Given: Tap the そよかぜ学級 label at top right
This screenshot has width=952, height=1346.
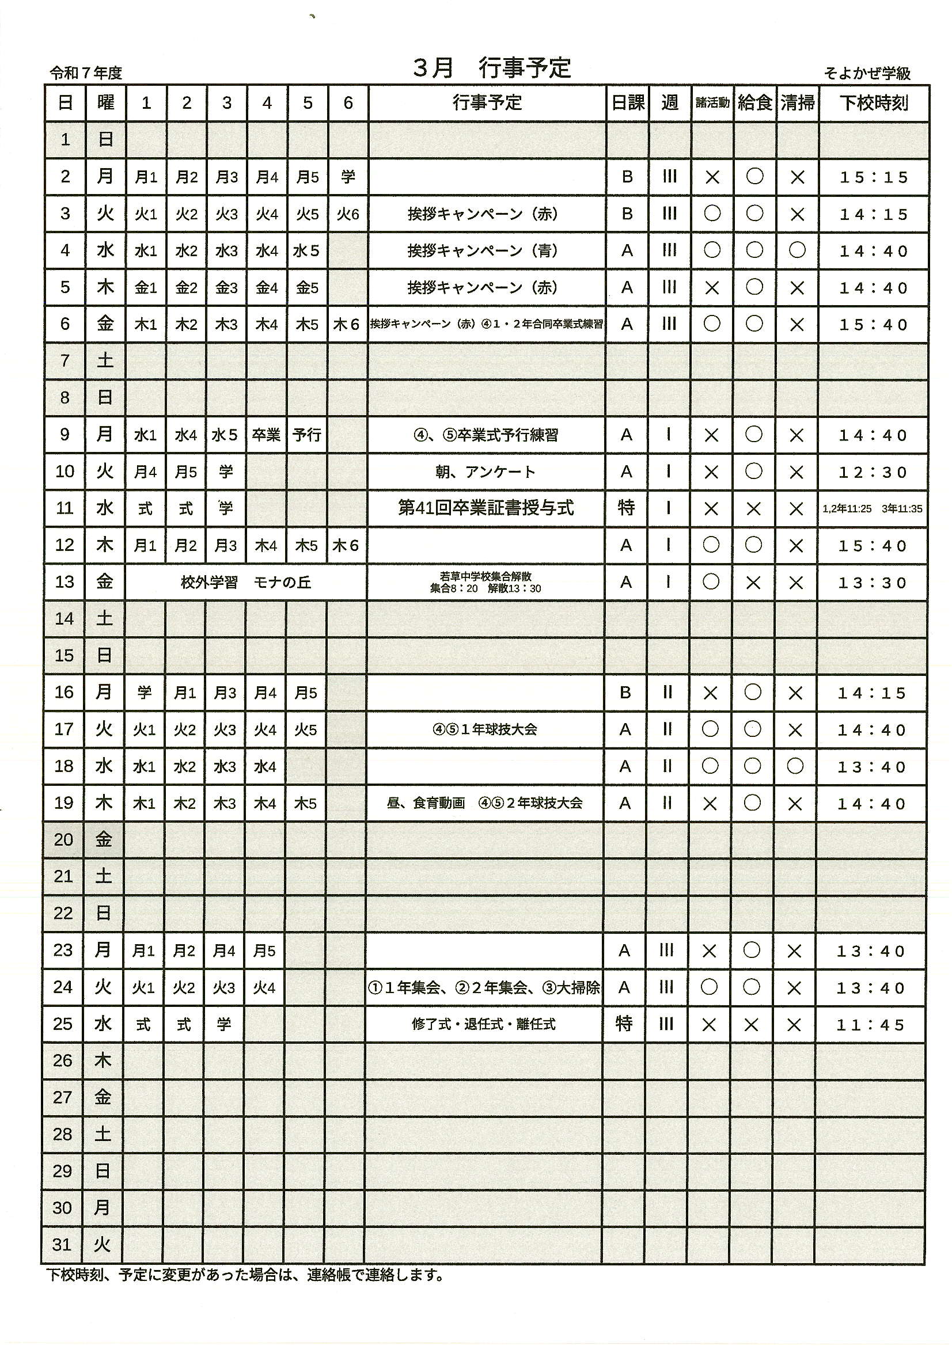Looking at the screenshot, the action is pyautogui.click(x=867, y=73).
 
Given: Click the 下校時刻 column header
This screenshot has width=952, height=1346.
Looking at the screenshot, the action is pyautogui.click(x=874, y=103).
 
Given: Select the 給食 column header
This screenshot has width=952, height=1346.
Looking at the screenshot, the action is pyautogui.click(x=755, y=103).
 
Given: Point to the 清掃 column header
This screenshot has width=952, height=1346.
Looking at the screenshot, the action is pyautogui.click(x=797, y=103).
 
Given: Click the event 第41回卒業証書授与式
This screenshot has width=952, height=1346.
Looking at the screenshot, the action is pyautogui.click(x=486, y=508).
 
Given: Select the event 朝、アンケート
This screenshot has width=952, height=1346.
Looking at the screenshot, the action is pyautogui.click(x=486, y=472).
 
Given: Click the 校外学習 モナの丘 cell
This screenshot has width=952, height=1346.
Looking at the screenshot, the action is pyautogui.click(x=246, y=582).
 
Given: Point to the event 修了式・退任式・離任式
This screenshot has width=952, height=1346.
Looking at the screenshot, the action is pyautogui.click(x=483, y=1024).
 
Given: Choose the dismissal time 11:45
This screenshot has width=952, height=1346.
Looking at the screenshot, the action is pyautogui.click(x=871, y=1025).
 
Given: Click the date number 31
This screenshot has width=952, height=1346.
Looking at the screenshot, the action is pyautogui.click(x=62, y=1244).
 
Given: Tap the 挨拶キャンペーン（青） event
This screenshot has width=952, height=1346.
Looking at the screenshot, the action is pyautogui.click(x=483, y=251).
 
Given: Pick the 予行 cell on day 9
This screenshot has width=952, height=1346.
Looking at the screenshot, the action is pyautogui.click(x=307, y=435).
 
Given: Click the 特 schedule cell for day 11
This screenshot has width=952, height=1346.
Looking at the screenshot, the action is pyautogui.click(x=626, y=508).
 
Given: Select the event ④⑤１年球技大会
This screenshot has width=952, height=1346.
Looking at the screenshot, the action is pyautogui.click(x=484, y=729).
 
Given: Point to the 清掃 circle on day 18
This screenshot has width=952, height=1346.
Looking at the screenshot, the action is pyautogui.click(x=795, y=766).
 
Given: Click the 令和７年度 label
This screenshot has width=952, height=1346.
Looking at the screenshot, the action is pyautogui.click(x=86, y=73).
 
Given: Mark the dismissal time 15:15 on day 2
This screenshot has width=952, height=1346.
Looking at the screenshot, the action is pyautogui.click(x=874, y=177).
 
